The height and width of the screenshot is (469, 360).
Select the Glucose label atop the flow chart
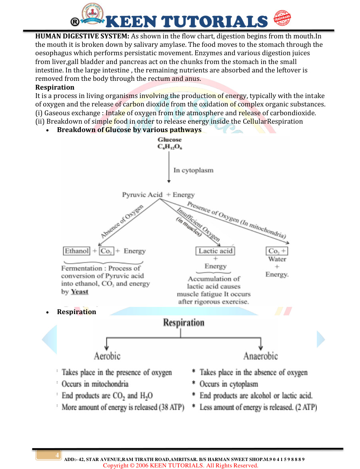(x=170, y=140)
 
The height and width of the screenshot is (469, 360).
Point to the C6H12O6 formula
(x=170, y=147)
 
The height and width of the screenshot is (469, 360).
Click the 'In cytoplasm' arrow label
(x=193, y=170)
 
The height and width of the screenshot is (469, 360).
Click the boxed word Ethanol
(x=76, y=251)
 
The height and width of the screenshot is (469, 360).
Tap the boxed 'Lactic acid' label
(x=216, y=251)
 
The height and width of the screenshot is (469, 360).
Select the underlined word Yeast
(x=80, y=292)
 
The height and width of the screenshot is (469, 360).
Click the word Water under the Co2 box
(x=277, y=259)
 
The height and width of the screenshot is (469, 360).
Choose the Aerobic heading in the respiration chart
(x=107, y=356)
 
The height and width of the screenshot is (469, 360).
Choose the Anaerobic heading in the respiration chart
(x=260, y=356)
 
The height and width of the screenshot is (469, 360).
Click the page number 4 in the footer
(x=57, y=455)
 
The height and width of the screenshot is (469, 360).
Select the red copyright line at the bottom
(x=180, y=465)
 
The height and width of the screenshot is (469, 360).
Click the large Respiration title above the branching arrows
(x=184, y=323)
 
